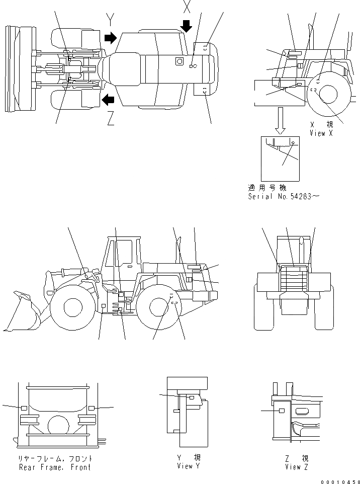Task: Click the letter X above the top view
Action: (x=187, y=7)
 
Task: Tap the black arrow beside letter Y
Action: (x=110, y=38)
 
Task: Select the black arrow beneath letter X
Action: (x=187, y=26)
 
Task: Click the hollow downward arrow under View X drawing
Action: (x=280, y=121)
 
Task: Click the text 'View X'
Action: (x=321, y=133)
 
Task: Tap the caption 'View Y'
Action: (x=185, y=466)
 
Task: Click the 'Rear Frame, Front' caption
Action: (x=55, y=467)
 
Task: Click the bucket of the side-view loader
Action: (x=22, y=312)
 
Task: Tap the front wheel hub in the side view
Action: (x=72, y=307)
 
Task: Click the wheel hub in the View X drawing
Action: (x=328, y=94)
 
